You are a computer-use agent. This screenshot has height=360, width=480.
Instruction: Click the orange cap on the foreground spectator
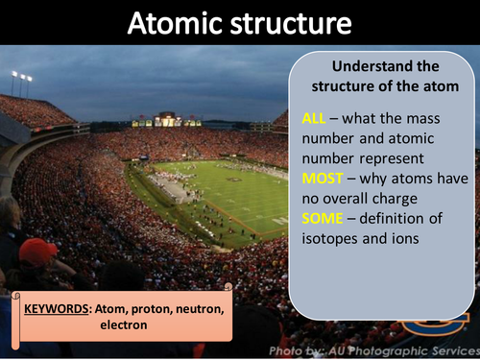point(39,252)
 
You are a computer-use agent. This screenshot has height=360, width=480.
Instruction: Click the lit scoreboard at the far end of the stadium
point(166,120)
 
